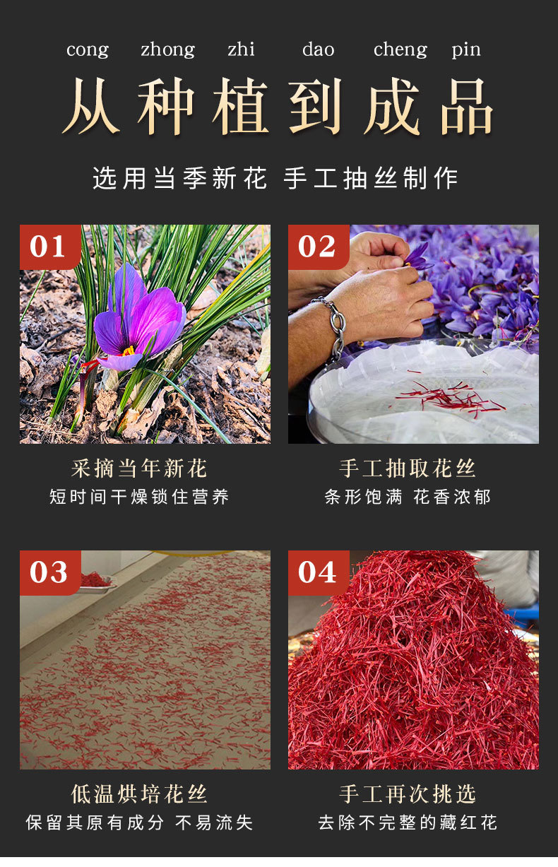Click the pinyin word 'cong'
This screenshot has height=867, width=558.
[x=88, y=50]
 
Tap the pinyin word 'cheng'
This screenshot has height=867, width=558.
[x=400, y=50]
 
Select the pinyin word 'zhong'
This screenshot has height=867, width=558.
[x=167, y=50]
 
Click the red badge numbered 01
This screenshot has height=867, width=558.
[x=49, y=247]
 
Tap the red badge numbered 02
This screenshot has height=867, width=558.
[x=317, y=247]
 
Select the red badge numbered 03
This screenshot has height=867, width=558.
[x=49, y=572]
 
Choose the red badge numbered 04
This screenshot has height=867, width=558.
[x=317, y=572]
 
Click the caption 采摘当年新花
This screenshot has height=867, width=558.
[x=139, y=468]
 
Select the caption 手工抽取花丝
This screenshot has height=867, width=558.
[x=408, y=468]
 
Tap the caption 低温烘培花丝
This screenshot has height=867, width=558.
[x=139, y=794]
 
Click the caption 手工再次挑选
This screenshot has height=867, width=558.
[x=408, y=794]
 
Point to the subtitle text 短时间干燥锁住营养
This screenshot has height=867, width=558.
[x=139, y=497]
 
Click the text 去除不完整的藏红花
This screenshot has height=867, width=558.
[x=408, y=822]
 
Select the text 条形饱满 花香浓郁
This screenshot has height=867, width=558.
[x=408, y=497]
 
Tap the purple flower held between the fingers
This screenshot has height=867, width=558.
[x=418, y=256]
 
